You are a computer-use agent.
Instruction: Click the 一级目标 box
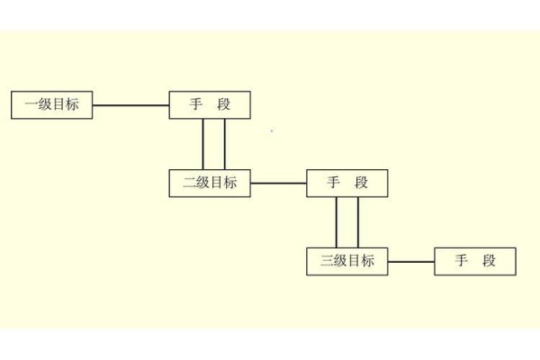(51, 105)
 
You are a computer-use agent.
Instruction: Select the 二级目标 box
(210, 183)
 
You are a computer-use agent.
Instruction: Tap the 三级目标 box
(347, 261)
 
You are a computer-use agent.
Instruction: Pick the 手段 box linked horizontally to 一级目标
(210, 105)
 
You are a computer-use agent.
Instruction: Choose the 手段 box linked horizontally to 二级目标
(347, 183)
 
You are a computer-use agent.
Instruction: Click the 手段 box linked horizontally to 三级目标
(475, 261)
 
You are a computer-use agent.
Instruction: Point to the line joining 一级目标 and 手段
(130, 105)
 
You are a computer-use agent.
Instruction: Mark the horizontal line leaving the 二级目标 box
(278, 183)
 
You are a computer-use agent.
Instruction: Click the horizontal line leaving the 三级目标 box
(411, 261)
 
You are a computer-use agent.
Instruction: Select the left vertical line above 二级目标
(203, 144)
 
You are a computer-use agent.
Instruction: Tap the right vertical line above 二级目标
(224, 144)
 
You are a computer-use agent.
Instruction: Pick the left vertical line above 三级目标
(337, 222)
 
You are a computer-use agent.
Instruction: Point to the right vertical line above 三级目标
(358, 222)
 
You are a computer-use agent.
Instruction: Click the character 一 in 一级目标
(31, 105)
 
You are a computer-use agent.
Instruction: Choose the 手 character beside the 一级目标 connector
(196, 105)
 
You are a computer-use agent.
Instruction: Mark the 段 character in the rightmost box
(489, 261)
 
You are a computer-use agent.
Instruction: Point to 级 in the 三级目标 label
(341, 261)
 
